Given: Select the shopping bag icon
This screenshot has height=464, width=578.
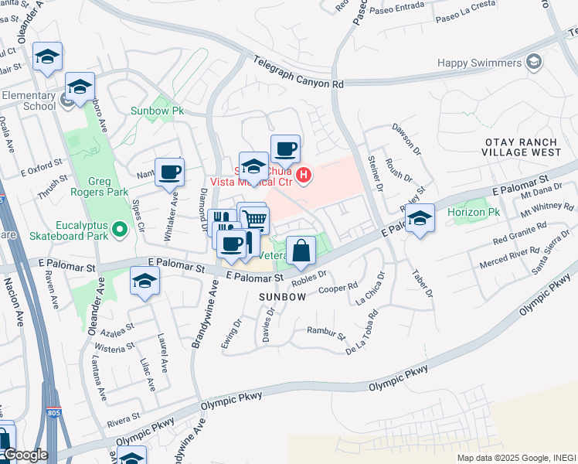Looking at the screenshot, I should (x=301, y=251).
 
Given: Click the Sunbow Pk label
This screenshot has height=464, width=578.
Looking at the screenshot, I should (x=157, y=111).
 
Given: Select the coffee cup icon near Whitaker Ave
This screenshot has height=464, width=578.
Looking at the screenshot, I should (x=170, y=172).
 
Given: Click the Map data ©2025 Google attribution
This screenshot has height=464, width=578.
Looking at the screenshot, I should (x=502, y=458).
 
